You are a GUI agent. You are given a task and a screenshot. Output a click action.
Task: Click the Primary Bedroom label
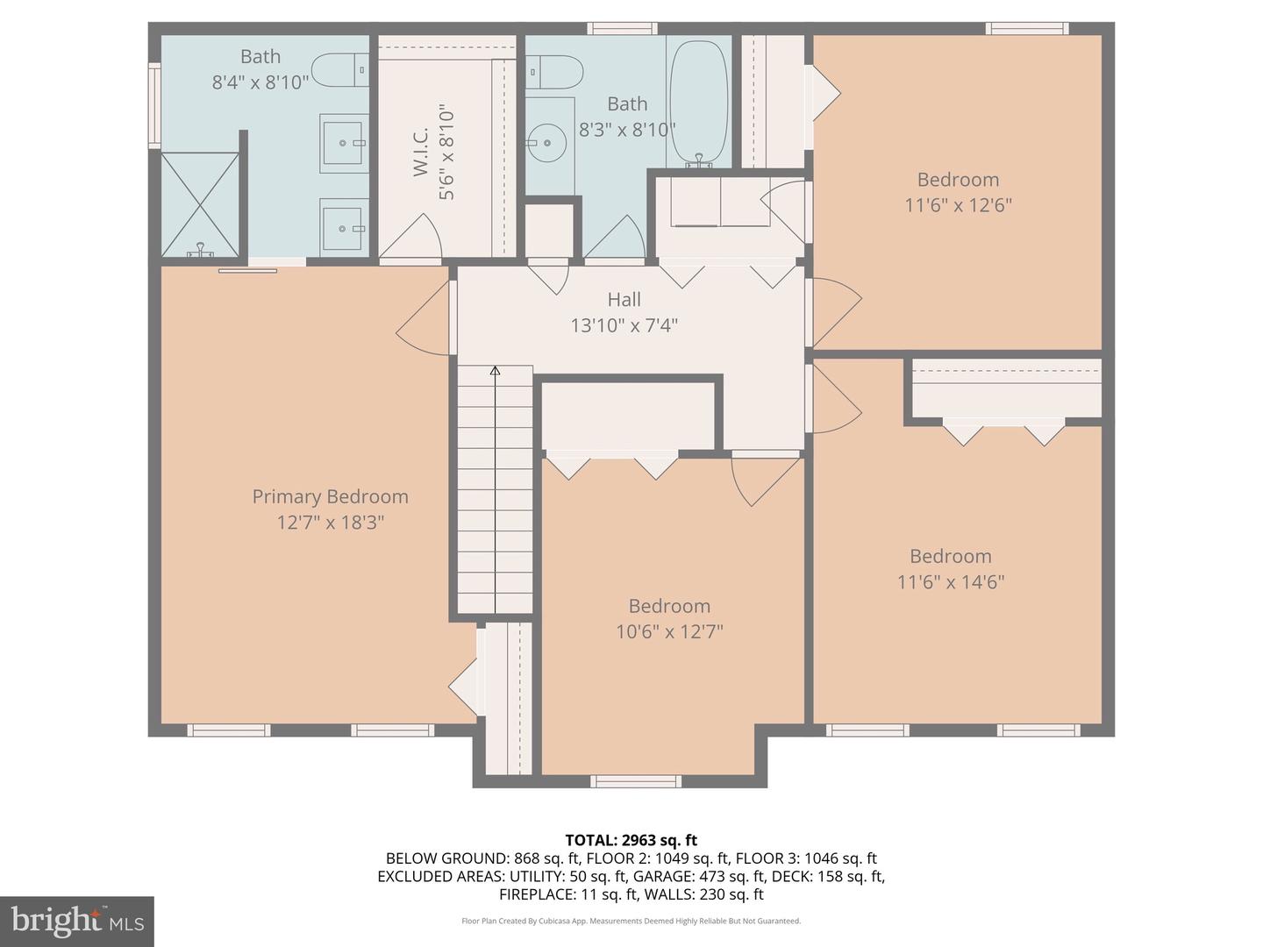click(331, 496)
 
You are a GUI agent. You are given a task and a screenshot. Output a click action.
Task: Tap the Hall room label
click(624, 299)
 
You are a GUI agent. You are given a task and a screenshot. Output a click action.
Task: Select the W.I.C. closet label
click(421, 153)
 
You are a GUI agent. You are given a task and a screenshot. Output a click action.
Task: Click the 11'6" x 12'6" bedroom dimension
click(958, 204)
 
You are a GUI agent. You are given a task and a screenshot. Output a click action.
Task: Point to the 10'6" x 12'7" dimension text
click(669, 632)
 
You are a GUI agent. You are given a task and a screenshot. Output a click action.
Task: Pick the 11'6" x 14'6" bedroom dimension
click(951, 582)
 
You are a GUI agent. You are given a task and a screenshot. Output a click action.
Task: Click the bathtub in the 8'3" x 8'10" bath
click(699, 103)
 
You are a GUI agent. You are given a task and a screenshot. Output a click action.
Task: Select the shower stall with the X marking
click(200, 204)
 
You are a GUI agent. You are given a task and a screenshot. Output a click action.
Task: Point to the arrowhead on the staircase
click(495, 371)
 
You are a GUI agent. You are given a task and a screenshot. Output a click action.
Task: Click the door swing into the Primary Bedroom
click(424, 317)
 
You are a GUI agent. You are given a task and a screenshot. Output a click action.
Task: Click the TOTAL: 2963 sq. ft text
click(631, 840)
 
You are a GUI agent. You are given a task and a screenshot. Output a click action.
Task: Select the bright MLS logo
click(77, 921)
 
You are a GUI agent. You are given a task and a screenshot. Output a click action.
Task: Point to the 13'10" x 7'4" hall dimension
click(624, 325)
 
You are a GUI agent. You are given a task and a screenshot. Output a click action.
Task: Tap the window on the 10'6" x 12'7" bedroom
click(636, 781)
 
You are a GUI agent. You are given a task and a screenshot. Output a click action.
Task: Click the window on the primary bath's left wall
click(154, 106)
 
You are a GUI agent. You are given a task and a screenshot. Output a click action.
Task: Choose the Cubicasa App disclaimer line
click(631, 921)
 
